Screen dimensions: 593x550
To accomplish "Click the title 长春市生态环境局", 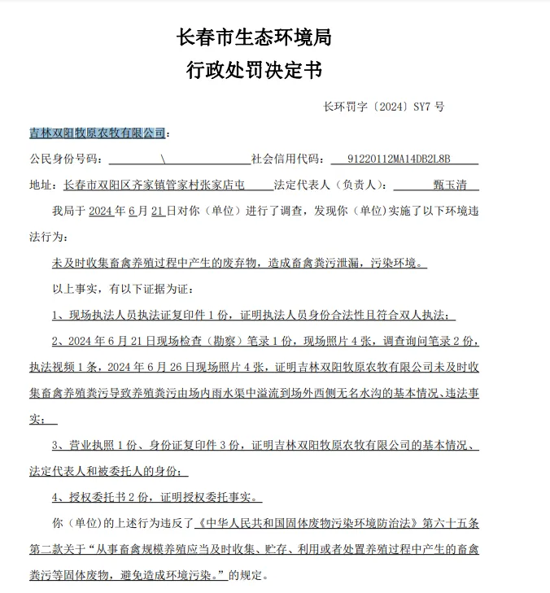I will coord(253,37).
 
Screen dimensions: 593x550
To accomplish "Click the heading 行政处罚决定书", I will coord(253,71).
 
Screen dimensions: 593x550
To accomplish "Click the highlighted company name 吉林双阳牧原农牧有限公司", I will coord(97,133).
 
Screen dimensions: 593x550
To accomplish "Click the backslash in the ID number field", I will coord(164,159).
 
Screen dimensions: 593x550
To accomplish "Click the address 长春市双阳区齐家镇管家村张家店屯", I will coord(154,185).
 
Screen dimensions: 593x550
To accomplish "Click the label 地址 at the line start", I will coord(40,185).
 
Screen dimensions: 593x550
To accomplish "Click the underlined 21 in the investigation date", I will coord(158,211).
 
